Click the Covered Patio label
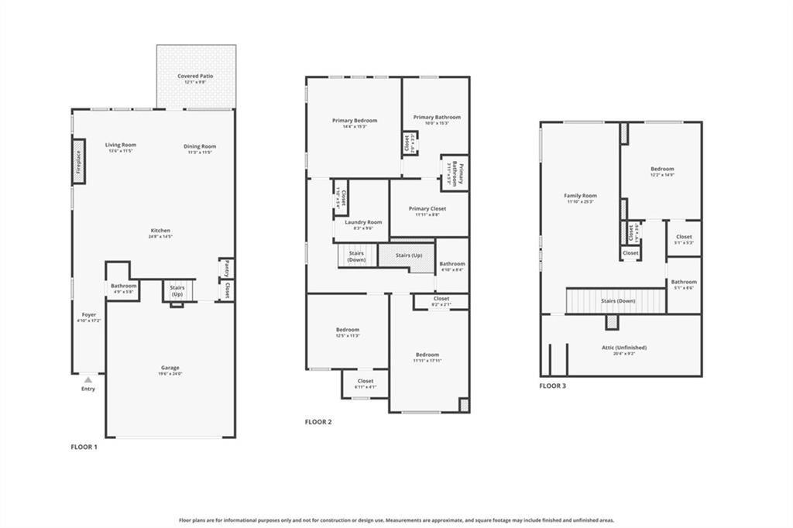[x=195, y=77]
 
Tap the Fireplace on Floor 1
[x=78, y=161]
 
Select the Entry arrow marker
[x=88, y=380]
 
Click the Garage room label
[x=170, y=369]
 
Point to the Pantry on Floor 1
[x=226, y=269]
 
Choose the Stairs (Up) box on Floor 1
[x=177, y=291]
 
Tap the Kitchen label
[x=160, y=231]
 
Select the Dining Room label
[x=200, y=146]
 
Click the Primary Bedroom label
[x=355, y=121]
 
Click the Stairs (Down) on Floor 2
[x=356, y=256]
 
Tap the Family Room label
[x=580, y=197]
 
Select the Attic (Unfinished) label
[x=624, y=348]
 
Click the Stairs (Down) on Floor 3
[x=616, y=300]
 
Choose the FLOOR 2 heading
[x=318, y=422]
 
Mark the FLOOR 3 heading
[x=553, y=386]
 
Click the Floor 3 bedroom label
[x=662, y=170]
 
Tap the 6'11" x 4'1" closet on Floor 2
[x=366, y=382]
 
